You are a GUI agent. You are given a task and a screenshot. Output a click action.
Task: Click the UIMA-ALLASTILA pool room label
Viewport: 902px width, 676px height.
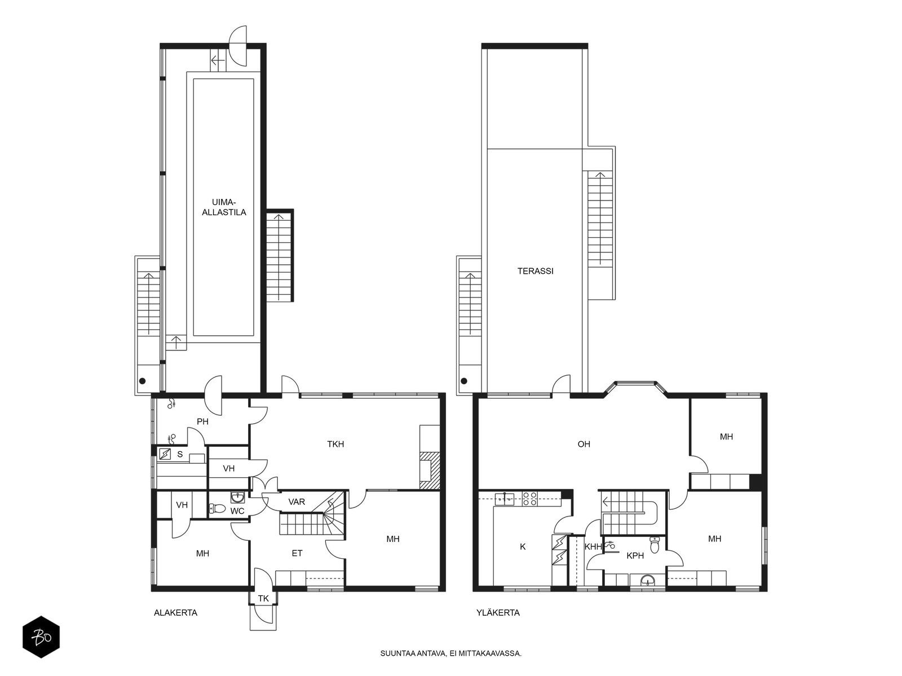(224, 207)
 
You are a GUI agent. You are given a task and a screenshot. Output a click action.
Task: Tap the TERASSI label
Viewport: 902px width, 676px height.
(535, 271)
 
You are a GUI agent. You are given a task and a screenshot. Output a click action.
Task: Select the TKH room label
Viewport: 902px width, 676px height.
(335, 444)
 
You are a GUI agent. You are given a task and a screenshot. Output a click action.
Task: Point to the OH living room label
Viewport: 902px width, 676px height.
(583, 444)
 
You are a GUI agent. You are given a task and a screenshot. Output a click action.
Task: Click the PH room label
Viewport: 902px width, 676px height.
(202, 421)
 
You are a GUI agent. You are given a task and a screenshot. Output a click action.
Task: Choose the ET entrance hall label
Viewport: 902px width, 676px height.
(297, 553)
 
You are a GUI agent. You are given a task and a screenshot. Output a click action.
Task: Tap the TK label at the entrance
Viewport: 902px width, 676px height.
(263, 598)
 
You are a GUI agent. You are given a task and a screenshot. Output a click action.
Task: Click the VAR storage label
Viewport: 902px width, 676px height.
(297, 501)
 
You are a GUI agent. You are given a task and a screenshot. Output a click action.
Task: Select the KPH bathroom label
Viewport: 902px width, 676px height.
(635, 556)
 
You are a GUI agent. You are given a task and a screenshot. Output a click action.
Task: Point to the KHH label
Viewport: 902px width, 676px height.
(593, 546)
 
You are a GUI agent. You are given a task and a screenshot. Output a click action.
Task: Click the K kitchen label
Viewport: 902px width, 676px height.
(523, 546)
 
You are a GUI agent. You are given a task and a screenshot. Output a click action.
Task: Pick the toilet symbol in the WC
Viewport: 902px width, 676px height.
(218, 509)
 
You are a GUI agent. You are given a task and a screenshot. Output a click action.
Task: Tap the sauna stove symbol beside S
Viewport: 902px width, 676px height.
(165, 454)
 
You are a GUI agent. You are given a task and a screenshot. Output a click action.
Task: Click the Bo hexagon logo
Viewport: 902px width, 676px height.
(41, 637)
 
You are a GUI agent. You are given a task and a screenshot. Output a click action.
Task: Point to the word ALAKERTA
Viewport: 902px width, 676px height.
(175, 613)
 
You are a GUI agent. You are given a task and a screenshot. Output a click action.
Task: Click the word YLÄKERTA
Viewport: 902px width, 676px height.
(498, 613)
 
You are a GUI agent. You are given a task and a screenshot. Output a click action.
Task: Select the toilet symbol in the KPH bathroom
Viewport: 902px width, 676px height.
(655, 545)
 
